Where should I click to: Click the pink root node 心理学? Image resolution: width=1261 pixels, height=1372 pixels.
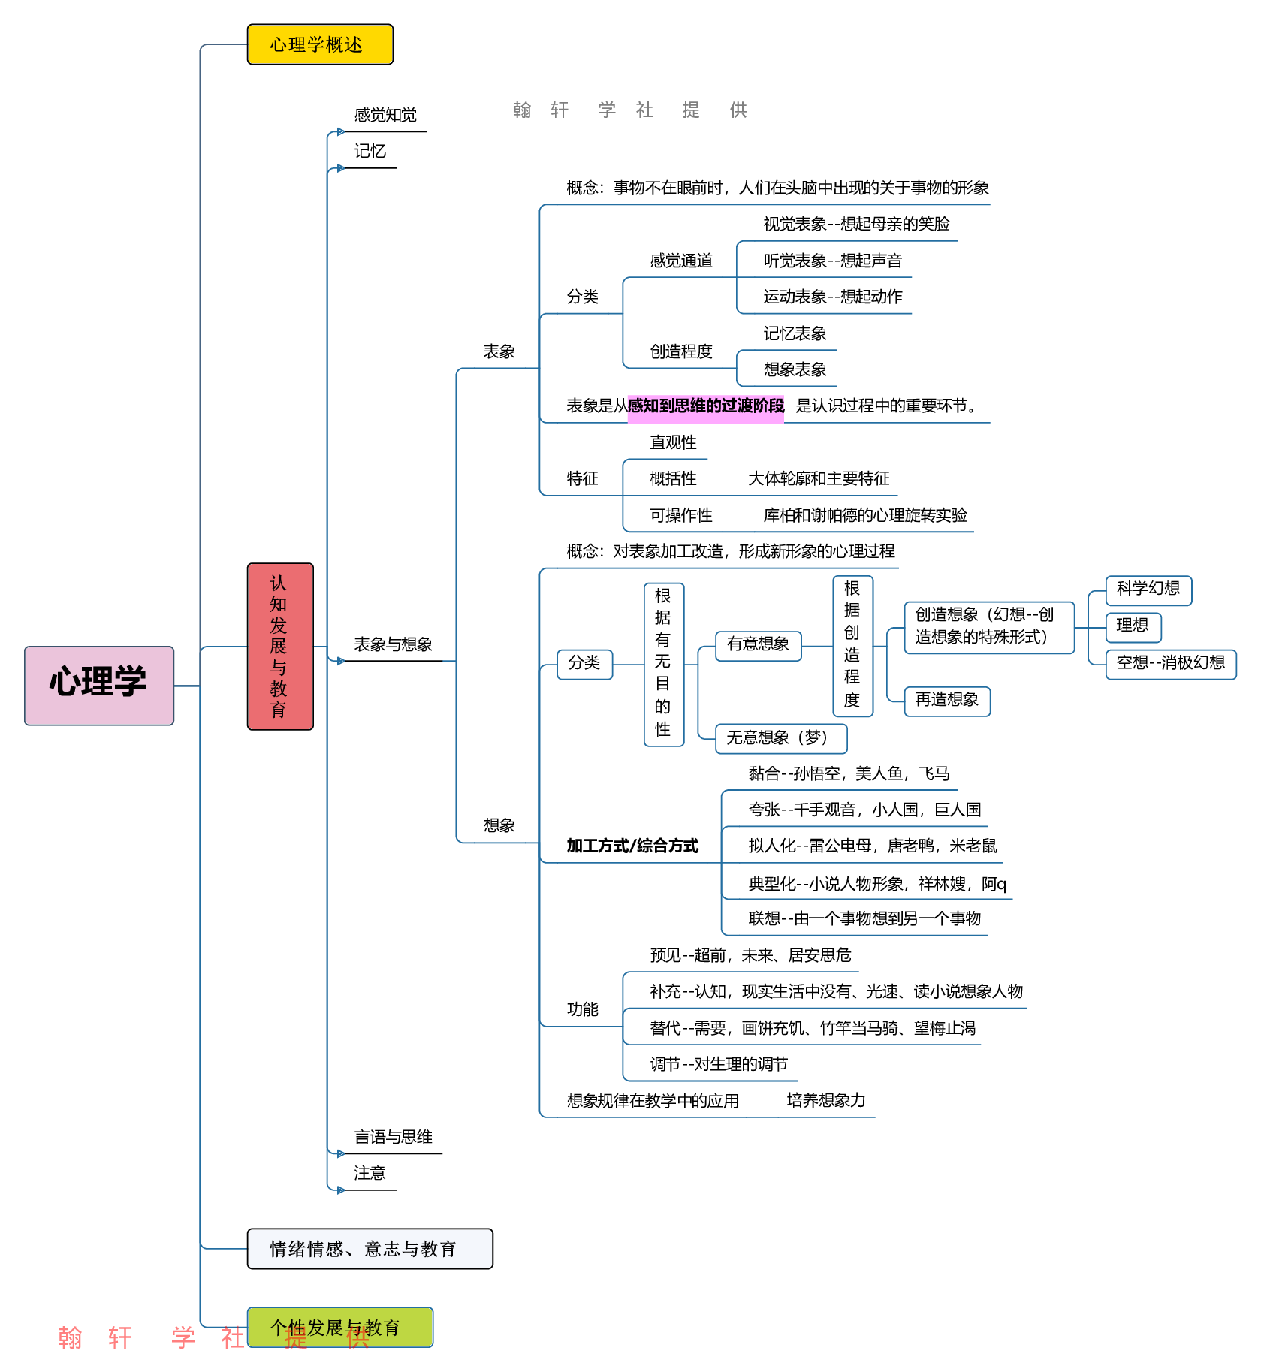99,685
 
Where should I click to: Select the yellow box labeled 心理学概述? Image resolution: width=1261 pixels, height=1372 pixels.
320,44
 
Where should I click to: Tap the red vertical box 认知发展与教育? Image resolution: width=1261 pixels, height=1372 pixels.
280,646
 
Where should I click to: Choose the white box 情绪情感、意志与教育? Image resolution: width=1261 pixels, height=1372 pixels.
370,1248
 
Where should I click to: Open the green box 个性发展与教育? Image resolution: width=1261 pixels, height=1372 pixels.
339,1327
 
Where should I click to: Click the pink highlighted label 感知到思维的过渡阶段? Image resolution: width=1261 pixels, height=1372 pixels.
705,407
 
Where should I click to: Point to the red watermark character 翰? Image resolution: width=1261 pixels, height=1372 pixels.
70,1337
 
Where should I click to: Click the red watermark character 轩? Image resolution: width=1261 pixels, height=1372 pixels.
120,1337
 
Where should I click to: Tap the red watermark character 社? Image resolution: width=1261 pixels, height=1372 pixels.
232,1337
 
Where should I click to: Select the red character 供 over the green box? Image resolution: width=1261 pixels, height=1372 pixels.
357,1337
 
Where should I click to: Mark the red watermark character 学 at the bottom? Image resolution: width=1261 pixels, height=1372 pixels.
183,1337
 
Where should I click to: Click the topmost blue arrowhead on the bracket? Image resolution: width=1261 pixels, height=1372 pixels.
341,132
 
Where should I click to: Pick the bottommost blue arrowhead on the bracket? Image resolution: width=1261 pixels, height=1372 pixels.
341,1190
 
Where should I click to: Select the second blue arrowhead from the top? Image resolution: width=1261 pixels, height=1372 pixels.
341,168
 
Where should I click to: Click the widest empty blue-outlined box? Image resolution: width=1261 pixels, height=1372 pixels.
989,628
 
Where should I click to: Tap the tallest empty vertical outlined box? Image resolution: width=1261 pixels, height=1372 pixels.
664,665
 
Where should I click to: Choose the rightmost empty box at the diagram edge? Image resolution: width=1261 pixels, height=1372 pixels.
1171,665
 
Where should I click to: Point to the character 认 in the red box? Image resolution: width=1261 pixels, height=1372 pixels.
279,583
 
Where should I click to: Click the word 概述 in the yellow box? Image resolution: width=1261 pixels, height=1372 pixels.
344,45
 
